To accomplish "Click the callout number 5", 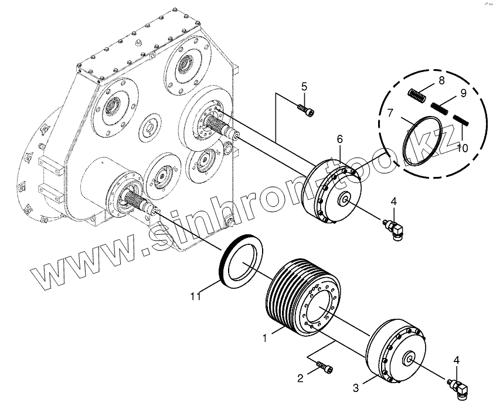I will coord(304,87).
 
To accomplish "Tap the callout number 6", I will coord(339,139).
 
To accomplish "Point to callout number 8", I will coord(441,80).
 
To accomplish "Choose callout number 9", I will coord(463,93).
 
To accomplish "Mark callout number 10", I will coord(463,148).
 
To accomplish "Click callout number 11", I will coord(196,296).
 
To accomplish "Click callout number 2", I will coord(300,378).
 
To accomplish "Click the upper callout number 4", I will coord(394,202).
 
